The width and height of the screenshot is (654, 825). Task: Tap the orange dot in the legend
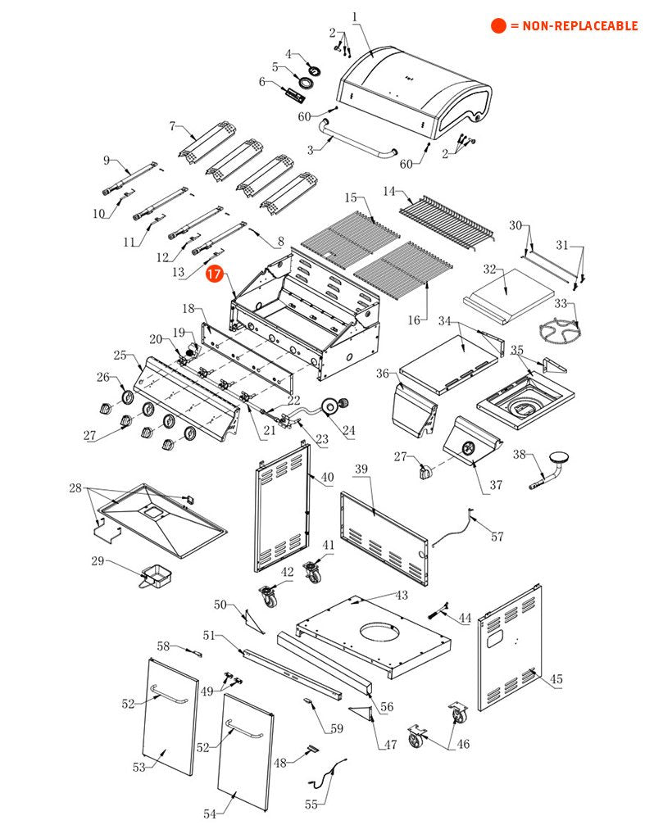pos(498,25)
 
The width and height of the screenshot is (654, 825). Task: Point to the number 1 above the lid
pos(355,16)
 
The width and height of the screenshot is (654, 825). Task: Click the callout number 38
pos(519,455)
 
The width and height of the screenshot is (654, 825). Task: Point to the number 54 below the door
pos(210,814)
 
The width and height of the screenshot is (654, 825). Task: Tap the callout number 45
pos(556,679)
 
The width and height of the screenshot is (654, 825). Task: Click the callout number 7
pos(172,126)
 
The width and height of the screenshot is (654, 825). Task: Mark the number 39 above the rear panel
pos(361,469)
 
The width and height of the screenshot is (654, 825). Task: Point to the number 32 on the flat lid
pos(490,269)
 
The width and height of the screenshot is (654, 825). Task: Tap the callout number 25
pos(120,356)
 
